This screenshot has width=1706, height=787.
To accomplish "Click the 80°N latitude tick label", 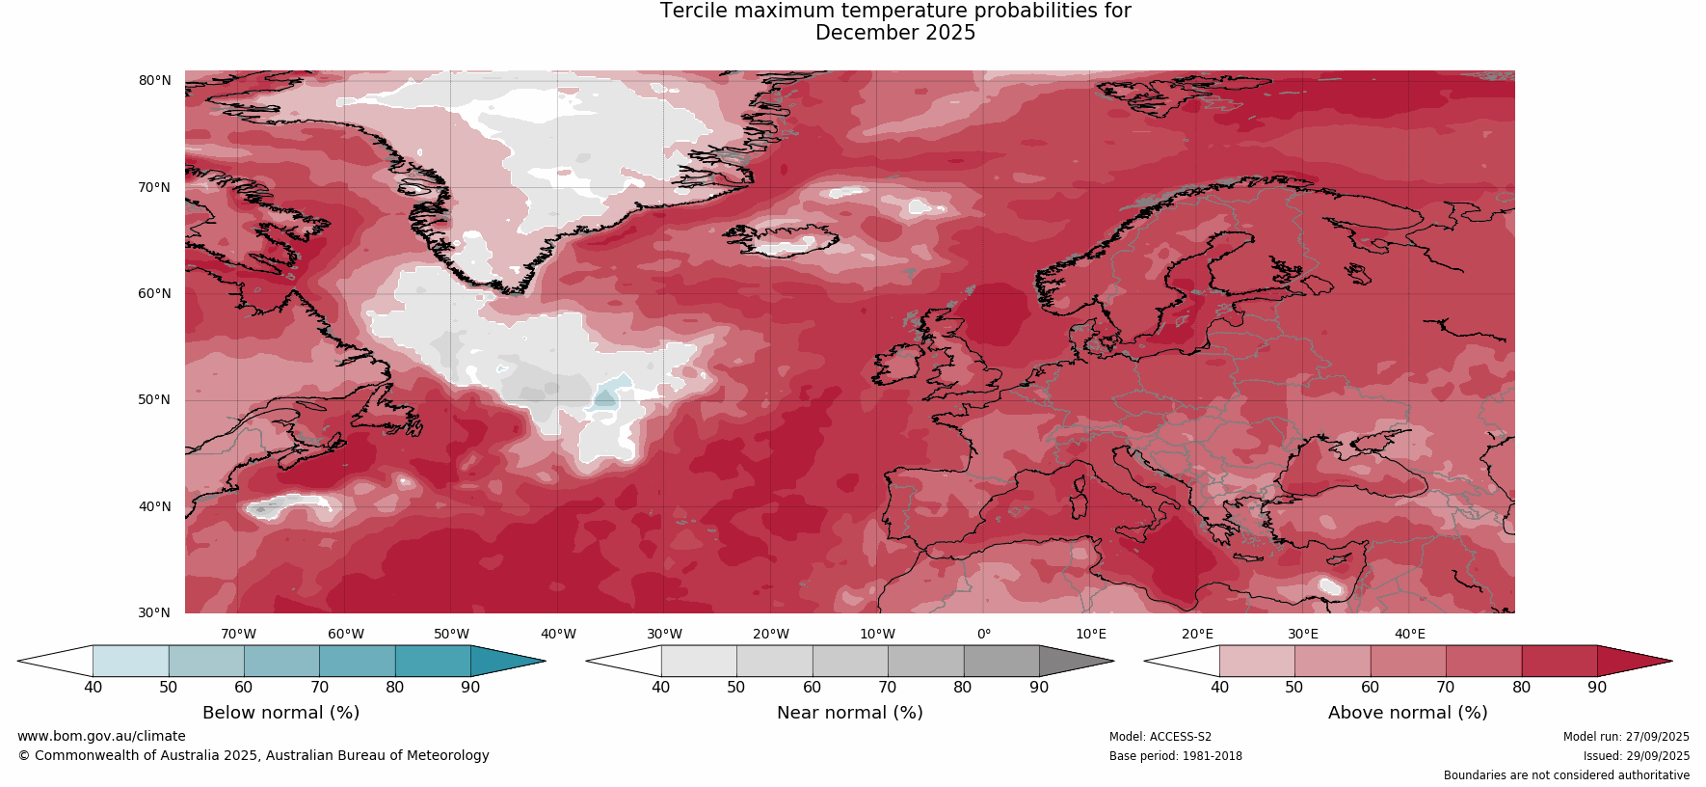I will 154,80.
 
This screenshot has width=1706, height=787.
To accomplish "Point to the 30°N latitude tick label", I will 154,612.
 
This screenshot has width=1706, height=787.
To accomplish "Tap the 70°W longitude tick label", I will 238,634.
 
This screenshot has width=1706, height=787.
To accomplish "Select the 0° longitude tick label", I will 984,634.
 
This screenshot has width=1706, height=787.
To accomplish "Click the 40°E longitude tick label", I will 1409,634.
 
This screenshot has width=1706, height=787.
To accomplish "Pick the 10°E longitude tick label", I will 1090,634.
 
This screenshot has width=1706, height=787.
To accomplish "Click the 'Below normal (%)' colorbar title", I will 280,713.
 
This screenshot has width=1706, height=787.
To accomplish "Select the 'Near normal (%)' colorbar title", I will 849,713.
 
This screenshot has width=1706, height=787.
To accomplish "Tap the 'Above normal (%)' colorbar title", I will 1407,713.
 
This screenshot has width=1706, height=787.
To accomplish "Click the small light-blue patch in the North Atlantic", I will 608,395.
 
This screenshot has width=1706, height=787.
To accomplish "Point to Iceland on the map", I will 786,238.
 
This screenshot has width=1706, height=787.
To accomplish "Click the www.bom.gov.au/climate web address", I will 101,736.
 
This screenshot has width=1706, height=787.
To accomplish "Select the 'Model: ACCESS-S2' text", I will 1160,737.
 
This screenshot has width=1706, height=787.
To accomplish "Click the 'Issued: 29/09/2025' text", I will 1636,756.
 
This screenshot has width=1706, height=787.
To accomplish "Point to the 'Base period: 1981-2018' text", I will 1175,756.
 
